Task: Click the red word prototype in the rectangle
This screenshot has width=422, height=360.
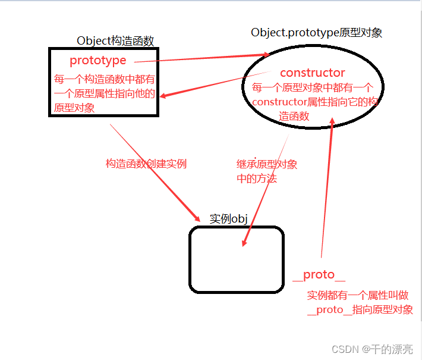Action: [x=98, y=60]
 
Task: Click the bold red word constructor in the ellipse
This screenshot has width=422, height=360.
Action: [x=312, y=73]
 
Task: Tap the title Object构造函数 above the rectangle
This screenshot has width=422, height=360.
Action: [x=115, y=40]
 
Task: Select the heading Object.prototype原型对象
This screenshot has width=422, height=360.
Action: [x=316, y=32]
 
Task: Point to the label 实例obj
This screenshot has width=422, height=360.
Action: [x=228, y=218]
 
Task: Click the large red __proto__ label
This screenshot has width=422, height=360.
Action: [x=319, y=275]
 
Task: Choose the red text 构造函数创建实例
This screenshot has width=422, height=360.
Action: [x=146, y=164]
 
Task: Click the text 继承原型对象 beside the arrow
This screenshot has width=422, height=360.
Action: [x=267, y=164]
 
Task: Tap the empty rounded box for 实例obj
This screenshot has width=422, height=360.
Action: [x=236, y=260]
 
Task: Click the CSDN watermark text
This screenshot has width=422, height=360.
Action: [x=372, y=349]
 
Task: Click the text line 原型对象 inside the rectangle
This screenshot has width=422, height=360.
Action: [x=74, y=108]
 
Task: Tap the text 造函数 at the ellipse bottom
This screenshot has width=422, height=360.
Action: [x=294, y=116]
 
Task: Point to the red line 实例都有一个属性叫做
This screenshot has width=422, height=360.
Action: [x=357, y=296]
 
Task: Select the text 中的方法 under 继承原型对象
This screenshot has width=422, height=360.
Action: [x=257, y=178]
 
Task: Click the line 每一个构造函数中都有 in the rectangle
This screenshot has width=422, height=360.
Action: [x=105, y=79]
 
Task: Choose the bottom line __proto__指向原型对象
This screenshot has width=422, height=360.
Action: [x=360, y=310]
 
